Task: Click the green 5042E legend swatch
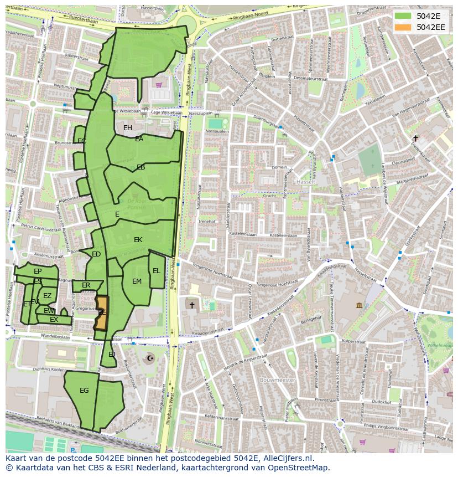[403, 16]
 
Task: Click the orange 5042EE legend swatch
[403, 27]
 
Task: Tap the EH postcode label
[128, 128]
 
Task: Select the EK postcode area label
[138, 240]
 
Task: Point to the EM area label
[137, 281]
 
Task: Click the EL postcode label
[157, 271]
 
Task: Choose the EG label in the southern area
[84, 391]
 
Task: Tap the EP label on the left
[38, 271]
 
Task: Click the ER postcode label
[86, 285]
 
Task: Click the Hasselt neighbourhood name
[305, 182]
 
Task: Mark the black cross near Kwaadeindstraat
[192, 305]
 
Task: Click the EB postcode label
[141, 167]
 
